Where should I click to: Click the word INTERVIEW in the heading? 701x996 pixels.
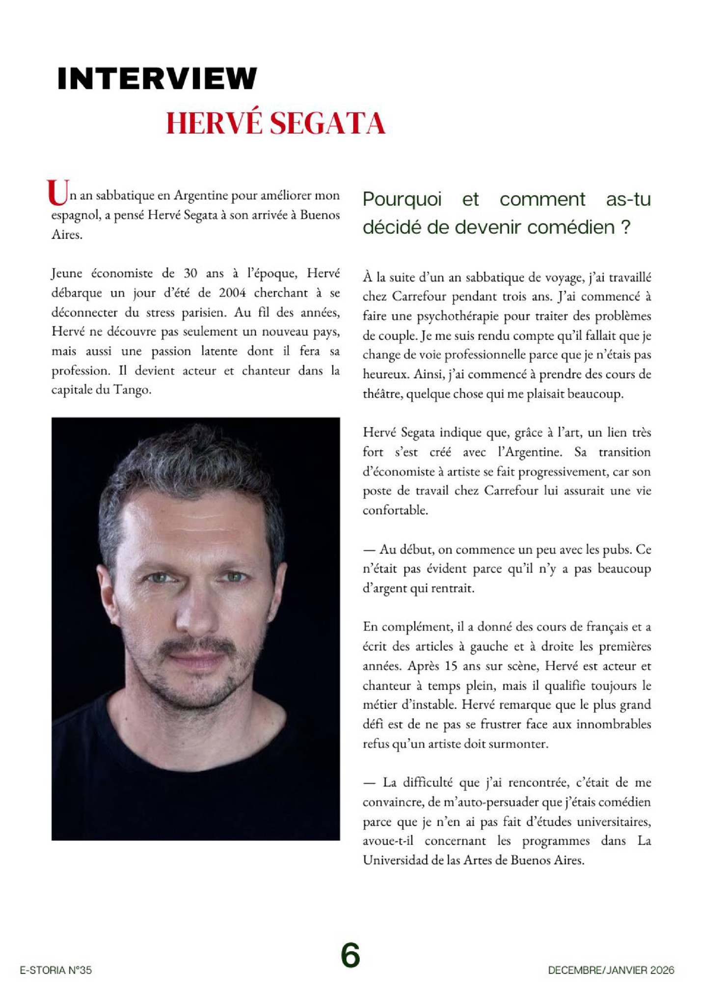click(x=157, y=79)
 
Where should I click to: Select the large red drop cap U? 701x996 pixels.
click(x=57, y=193)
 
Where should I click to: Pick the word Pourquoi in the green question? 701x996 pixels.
click(x=402, y=199)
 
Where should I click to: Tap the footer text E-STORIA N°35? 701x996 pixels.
click(x=55, y=970)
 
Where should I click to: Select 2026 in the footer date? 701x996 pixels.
click(x=662, y=970)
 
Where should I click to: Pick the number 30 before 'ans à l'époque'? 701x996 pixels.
click(x=190, y=274)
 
